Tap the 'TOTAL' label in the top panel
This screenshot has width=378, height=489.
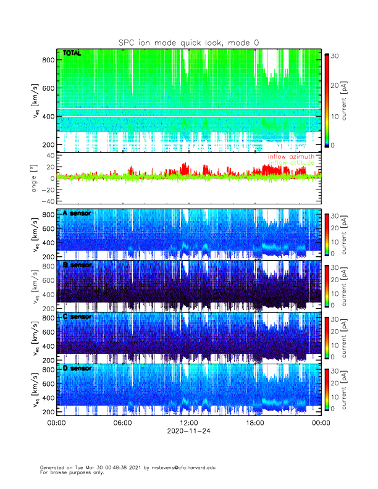tap(72, 54)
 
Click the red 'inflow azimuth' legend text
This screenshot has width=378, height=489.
tap(290, 156)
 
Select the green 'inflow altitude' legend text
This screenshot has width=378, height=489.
tap(290, 162)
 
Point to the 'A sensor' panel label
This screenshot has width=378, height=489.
tap(77, 213)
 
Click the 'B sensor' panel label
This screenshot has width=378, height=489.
tap(77, 264)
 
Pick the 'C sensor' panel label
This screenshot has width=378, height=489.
tap(77, 316)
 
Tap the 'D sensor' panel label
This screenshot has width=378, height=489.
tap(77, 368)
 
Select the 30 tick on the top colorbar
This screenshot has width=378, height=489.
tap(334, 56)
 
